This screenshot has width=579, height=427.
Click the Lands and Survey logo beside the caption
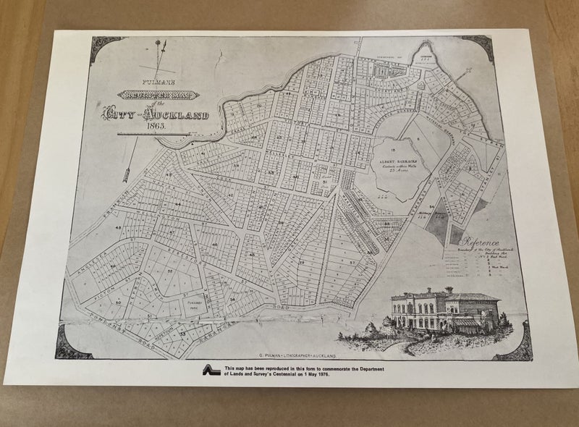click(x=211, y=370)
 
